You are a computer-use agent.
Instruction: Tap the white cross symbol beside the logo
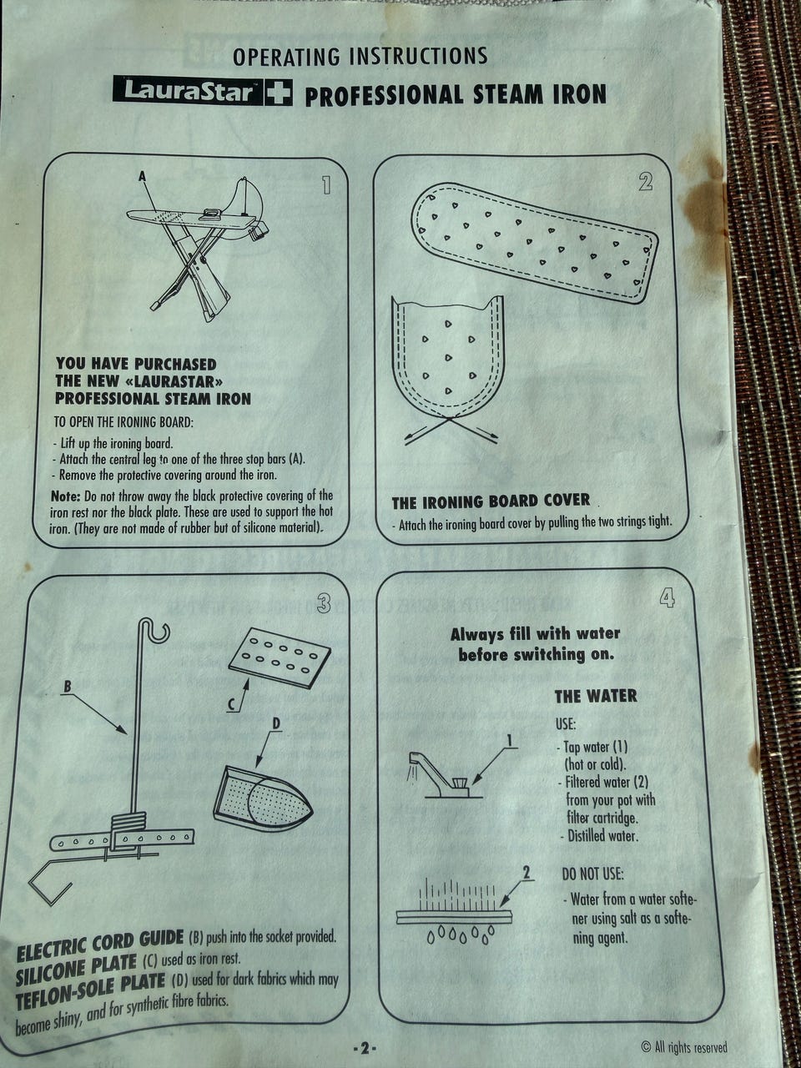pyautogui.click(x=279, y=92)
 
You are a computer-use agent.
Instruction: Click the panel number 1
pyautogui.click(x=326, y=185)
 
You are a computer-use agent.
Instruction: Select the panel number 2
pyautogui.click(x=645, y=182)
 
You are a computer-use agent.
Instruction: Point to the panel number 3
pyautogui.click(x=324, y=604)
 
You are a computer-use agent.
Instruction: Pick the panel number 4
pyautogui.click(x=667, y=597)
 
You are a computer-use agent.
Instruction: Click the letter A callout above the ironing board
pyautogui.click(x=142, y=177)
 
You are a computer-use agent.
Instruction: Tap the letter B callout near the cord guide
pyautogui.click(x=68, y=687)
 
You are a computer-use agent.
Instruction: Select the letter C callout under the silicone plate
pyautogui.click(x=232, y=704)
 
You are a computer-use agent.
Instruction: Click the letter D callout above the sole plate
pyautogui.click(x=275, y=724)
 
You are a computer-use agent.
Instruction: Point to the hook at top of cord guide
pyautogui.click(x=156, y=629)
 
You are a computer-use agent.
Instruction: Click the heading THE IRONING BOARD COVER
pyautogui.click(x=491, y=501)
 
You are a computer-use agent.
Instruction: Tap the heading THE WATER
pyautogui.click(x=596, y=696)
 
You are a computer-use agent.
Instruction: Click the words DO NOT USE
pyautogui.click(x=592, y=874)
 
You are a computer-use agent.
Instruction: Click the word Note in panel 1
pyautogui.click(x=65, y=496)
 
